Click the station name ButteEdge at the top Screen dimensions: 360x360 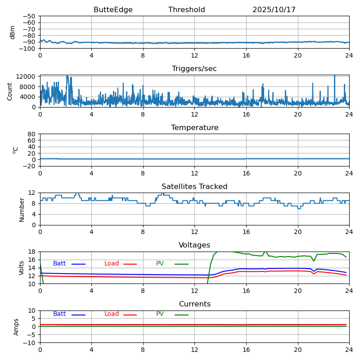coord(113,10)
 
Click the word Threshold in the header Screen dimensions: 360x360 coord(187,10)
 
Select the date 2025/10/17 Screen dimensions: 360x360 coord(274,10)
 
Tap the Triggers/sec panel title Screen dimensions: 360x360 coord(194,69)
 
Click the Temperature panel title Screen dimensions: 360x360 coord(194,128)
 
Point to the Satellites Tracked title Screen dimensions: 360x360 coord(194,187)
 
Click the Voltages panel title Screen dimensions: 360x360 coord(194,245)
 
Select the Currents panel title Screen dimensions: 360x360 coord(194,304)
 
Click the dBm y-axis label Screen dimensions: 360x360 coord(13,32)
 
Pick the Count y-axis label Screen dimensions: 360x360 coord(10,91)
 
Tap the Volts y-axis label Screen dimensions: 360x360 coord(22,268)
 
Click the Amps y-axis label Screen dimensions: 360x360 coord(16,327)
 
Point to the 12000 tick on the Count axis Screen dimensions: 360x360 coord(27,77)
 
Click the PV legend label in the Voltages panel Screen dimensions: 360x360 coord(160,264)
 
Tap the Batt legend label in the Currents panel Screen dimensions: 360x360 coord(59,314)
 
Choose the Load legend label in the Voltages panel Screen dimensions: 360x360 coord(112,264)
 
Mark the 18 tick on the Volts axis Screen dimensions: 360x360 coord(32,252)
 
